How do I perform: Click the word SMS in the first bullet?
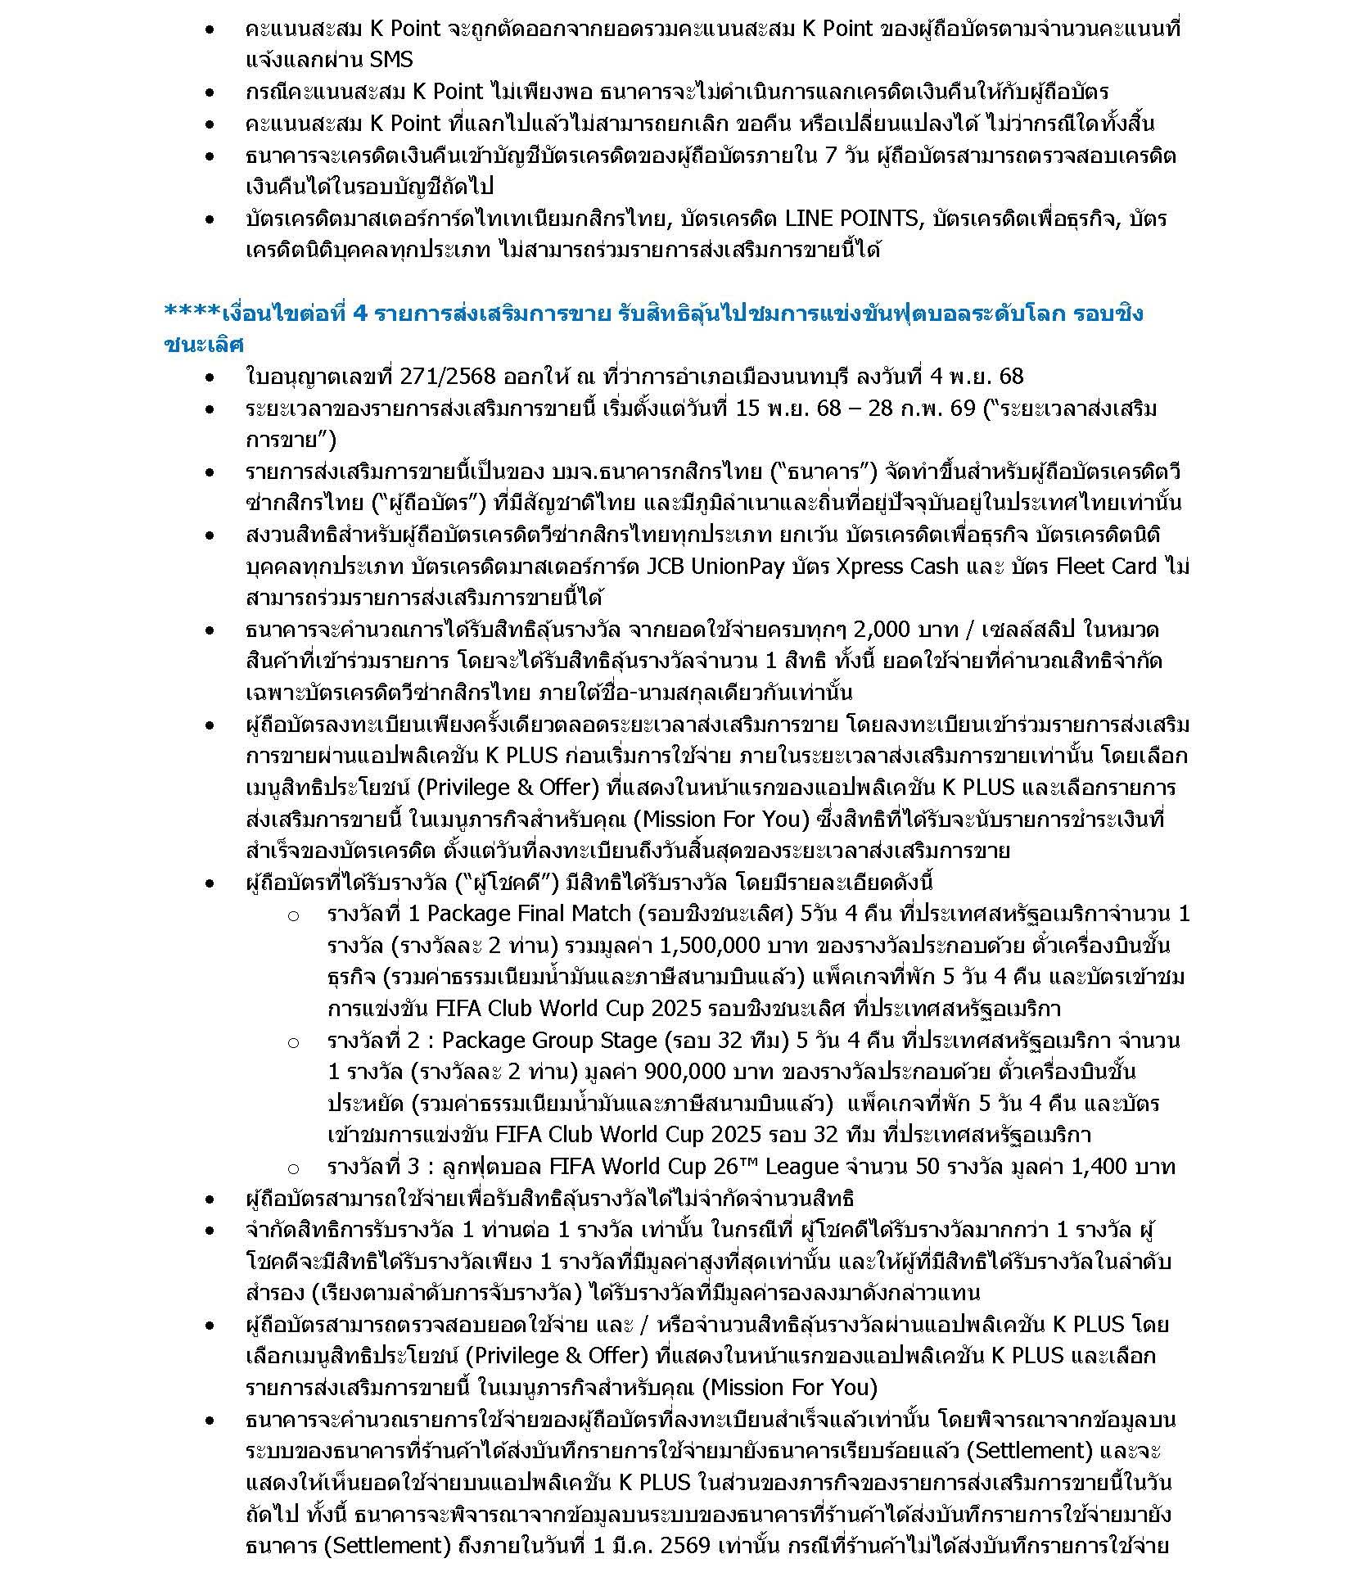click(x=391, y=60)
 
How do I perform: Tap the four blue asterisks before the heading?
click(x=192, y=313)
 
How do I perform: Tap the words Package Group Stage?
click(x=549, y=1040)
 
